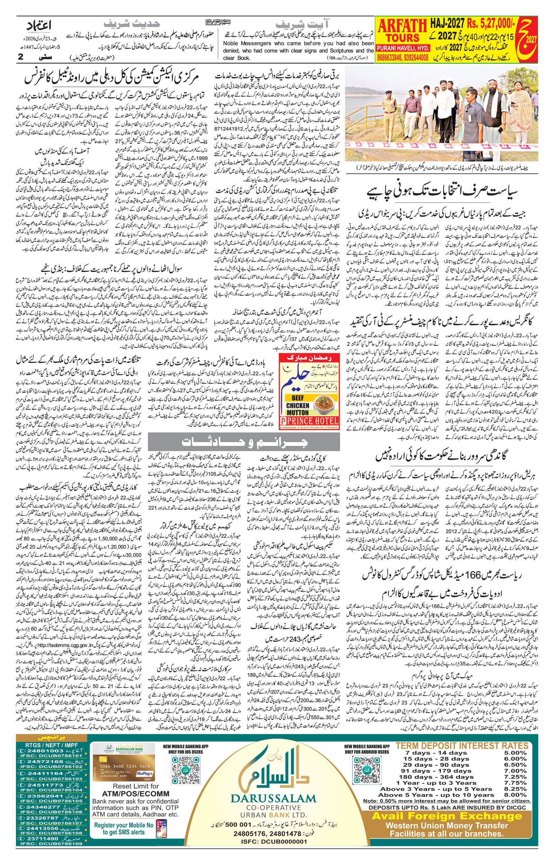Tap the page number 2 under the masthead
tap(20, 57)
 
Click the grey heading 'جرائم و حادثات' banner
tap(243, 441)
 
